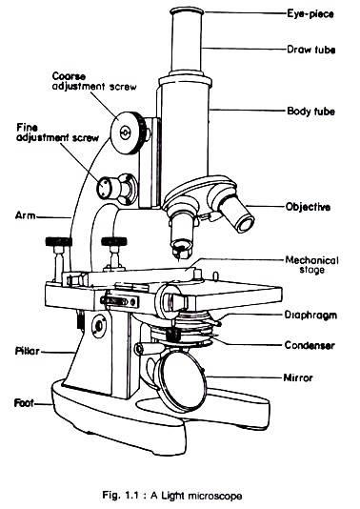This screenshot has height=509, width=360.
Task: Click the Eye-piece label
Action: [310, 14]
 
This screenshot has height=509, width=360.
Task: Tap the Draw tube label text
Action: [311, 50]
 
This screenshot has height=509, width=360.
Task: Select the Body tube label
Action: [311, 112]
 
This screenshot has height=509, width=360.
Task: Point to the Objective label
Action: [309, 207]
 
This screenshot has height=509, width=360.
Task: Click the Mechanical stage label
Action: [311, 265]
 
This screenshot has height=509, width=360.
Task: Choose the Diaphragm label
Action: [310, 316]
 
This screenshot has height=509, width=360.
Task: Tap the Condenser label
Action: [310, 345]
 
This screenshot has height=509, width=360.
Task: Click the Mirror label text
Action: [298, 377]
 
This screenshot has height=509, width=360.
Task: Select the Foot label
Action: [24, 403]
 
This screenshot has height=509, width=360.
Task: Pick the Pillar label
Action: [28, 351]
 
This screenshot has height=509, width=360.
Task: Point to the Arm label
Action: [26, 215]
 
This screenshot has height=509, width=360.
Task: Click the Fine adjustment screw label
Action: [57, 132]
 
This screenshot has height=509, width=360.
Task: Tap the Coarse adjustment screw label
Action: [94, 81]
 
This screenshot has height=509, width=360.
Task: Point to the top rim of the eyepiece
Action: [188, 12]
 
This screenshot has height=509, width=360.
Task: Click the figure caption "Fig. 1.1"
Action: [121, 496]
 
